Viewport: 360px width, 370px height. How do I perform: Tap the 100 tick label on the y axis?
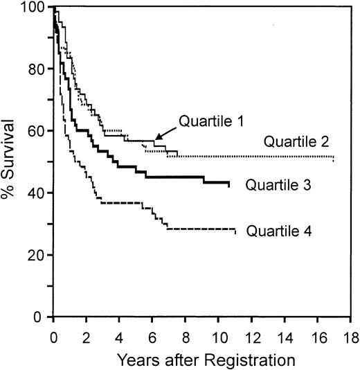point(31,8)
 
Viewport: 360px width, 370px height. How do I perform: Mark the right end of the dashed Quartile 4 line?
point(235,231)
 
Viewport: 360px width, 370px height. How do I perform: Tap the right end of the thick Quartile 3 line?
point(229,184)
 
